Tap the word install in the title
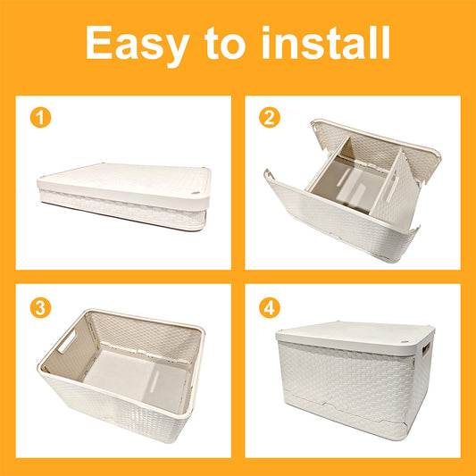pyautogui.click(x=326, y=43)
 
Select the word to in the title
pyautogui.click(x=224, y=44)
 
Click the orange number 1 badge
pyautogui.click(x=40, y=117)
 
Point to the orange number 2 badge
pyautogui.click(x=270, y=117)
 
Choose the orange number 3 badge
pyautogui.click(x=40, y=308)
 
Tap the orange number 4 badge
pyautogui.click(x=270, y=308)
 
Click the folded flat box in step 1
pyautogui.click(x=124, y=196)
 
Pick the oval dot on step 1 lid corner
pyautogui.click(x=196, y=193)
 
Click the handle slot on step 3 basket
pyautogui.click(x=67, y=341)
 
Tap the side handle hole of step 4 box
pyautogui.click(x=426, y=348)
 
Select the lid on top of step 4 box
pyautogui.click(x=355, y=338)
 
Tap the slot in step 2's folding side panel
pyautogui.click(x=393, y=188)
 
